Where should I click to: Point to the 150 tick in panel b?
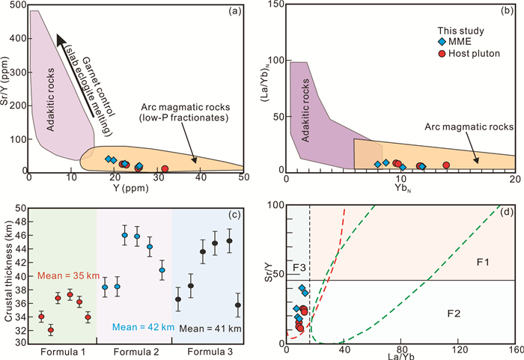click(276, 5)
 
